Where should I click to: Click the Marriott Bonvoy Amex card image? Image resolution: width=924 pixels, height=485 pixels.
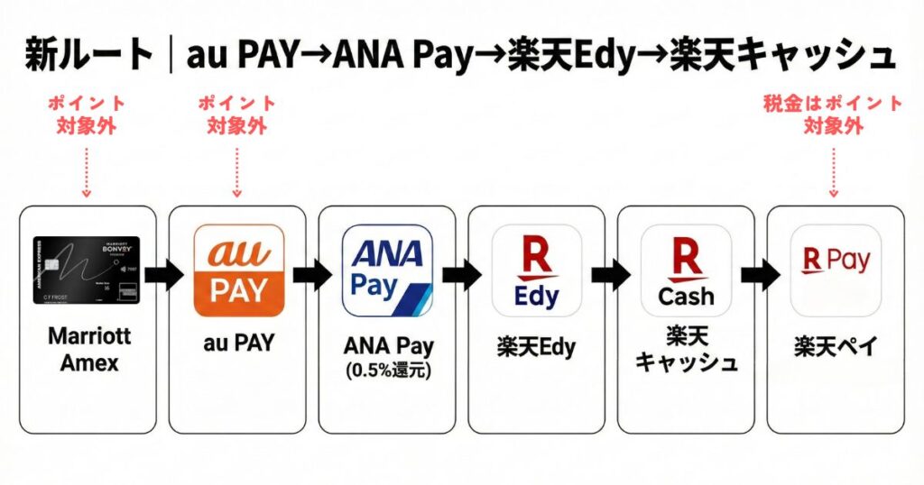coord(87,270)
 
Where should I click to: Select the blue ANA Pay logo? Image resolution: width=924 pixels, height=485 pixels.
coord(387,269)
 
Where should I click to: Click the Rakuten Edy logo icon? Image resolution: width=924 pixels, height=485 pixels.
coord(536,270)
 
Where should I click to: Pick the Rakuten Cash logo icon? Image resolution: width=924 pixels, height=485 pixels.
coord(686,270)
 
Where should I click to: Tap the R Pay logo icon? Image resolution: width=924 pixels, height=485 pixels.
coord(835,270)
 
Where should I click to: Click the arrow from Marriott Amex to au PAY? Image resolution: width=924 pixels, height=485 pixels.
coord(162,276)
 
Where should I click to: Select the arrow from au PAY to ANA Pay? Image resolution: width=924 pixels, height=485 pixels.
coord(311,276)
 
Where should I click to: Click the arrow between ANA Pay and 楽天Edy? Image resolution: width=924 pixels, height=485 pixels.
coord(461,276)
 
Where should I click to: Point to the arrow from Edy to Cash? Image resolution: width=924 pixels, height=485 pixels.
coord(611,276)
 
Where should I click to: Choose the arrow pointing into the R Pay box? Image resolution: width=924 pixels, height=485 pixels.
coord(761,276)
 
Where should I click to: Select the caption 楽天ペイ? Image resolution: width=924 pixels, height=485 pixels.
coord(835,347)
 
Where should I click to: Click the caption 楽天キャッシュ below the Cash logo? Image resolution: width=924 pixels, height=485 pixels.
coord(686,350)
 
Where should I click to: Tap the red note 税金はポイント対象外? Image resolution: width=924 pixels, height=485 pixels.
coord(833,114)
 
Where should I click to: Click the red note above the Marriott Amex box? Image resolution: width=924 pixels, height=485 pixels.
coord(87,114)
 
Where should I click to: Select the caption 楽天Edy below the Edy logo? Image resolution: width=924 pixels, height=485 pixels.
coord(536,347)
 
